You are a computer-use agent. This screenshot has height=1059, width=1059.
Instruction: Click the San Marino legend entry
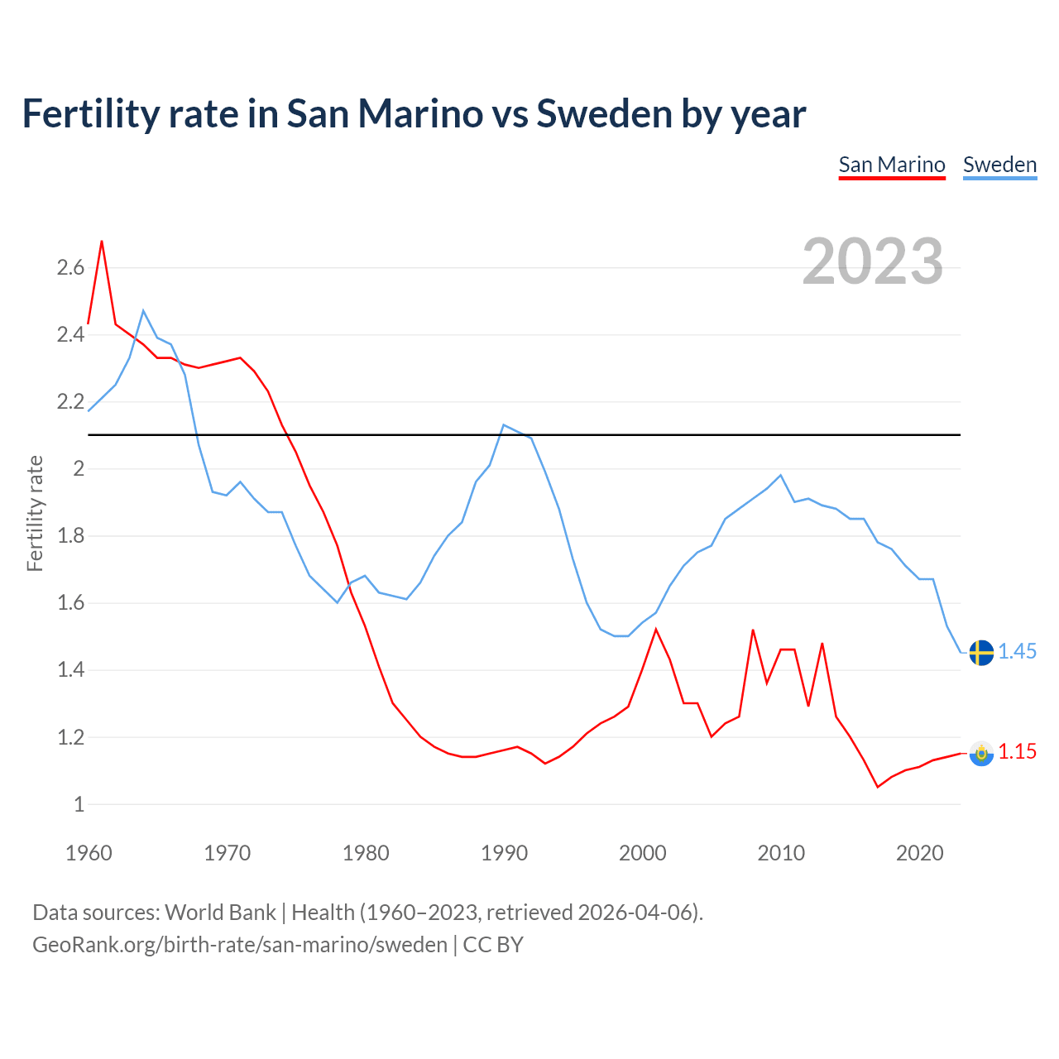point(891,165)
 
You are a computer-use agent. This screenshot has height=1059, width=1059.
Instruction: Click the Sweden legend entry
point(999,165)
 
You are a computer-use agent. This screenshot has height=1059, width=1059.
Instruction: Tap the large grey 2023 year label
point(872,261)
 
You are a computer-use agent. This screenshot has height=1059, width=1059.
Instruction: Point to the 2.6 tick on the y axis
point(70,267)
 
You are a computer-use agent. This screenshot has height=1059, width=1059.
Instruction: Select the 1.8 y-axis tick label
point(70,535)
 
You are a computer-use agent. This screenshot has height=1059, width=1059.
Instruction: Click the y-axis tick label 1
point(79,804)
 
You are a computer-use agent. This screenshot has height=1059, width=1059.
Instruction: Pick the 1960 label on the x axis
point(89,853)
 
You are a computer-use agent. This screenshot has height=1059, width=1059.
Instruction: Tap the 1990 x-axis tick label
point(504,853)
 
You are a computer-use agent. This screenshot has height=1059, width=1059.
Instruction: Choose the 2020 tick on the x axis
point(919,853)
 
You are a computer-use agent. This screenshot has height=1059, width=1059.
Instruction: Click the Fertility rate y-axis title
point(35,513)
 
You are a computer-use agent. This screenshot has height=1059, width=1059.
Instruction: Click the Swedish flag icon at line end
point(981,652)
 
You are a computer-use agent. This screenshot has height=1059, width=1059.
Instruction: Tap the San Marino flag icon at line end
point(981,753)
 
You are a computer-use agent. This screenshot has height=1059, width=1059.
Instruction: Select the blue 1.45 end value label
point(1017,652)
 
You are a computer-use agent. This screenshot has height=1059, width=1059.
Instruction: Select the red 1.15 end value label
point(1017,752)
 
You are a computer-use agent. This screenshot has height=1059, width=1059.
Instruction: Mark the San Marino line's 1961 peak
point(102,242)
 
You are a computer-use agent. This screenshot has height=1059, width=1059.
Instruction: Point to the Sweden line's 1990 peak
point(504,425)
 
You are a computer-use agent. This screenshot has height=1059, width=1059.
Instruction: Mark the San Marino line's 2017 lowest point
point(878,787)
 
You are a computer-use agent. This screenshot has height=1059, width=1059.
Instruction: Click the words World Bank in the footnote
point(220,913)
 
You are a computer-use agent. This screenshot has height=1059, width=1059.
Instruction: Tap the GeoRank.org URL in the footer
point(240,945)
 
